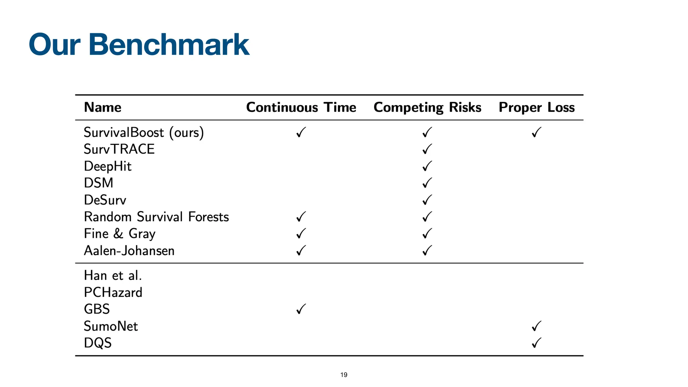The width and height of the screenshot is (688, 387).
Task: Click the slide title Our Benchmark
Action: [x=139, y=44]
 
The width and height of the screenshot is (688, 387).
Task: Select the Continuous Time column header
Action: [x=301, y=107]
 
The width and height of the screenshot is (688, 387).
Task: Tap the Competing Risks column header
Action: [x=427, y=107]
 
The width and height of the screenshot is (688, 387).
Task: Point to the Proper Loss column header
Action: [x=536, y=107]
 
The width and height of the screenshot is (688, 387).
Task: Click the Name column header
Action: [x=102, y=107]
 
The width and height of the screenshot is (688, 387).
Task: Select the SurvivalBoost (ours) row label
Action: [x=144, y=132]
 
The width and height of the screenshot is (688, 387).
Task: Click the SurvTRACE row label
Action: [x=119, y=149]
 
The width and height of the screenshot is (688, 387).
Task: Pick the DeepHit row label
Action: [x=107, y=166]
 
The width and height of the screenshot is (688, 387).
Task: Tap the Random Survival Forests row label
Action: [x=156, y=217]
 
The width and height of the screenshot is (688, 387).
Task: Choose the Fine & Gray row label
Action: [x=120, y=234]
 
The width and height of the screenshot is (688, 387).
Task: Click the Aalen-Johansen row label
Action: [x=129, y=251]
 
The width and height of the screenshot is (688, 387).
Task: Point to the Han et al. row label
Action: [x=113, y=275]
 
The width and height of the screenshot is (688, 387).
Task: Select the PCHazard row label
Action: [x=113, y=293]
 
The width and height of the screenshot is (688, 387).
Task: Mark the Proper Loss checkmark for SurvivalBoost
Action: [x=536, y=132]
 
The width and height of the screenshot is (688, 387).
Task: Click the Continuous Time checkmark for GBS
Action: [x=301, y=309]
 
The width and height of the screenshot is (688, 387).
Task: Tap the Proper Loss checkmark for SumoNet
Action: [x=536, y=326]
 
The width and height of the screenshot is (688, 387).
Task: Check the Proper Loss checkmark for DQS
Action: [x=536, y=343]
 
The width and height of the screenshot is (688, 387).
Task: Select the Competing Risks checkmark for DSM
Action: [x=427, y=183]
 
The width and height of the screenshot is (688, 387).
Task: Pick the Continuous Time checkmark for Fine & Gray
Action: [x=301, y=234]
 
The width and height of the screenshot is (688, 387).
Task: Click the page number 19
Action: [x=344, y=375]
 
